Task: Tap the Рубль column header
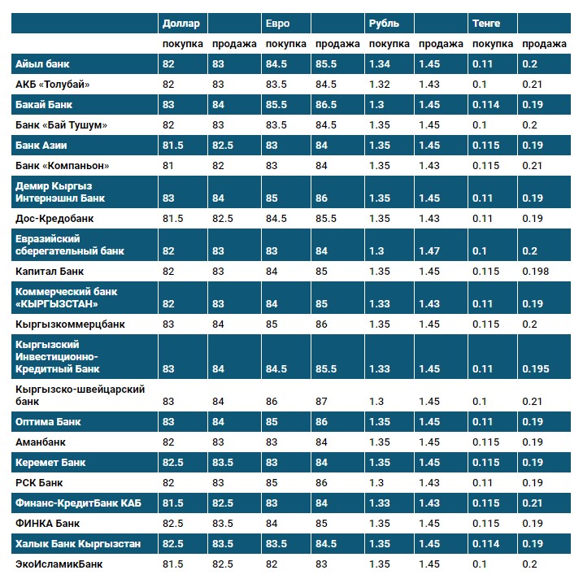(383, 24)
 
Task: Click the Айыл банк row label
(44, 64)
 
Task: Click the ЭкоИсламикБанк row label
(59, 564)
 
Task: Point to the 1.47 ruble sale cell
(429, 251)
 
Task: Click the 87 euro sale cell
(323, 402)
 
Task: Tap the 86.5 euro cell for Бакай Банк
(326, 105)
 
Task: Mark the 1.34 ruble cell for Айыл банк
(380, 64)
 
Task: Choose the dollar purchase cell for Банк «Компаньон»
(168, 166)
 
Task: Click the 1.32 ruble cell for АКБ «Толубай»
(380, 84)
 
